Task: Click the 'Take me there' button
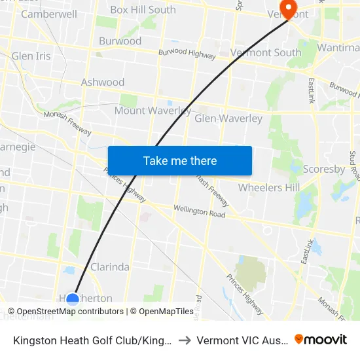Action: click(x=180, y=161)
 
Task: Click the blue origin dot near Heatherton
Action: click(x=73, y=300)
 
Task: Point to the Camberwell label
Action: click(x=49, y=14)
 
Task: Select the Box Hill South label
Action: click(x=143, y=10)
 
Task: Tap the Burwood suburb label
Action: click(x=120, y=41)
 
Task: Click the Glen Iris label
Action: click(x=31, y=56)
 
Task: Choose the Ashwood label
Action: click(x=103, y=82)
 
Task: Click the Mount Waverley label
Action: click(x=153, y=111)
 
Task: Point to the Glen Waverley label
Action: click(x=228, y=118)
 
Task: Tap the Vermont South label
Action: click(x=266, y=52)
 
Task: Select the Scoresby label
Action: click(x=324, y=169)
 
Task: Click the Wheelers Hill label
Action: click(x=269, y=188)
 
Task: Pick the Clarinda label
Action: click(x=109, y=267)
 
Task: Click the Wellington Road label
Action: click(x=199, y=211)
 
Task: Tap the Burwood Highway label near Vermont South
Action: click(x=187, y=54)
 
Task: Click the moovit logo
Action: click(x=321, y=339)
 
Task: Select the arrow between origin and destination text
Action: click(x=185, y=340)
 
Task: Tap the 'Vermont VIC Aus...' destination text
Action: click(x=242, y=340)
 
